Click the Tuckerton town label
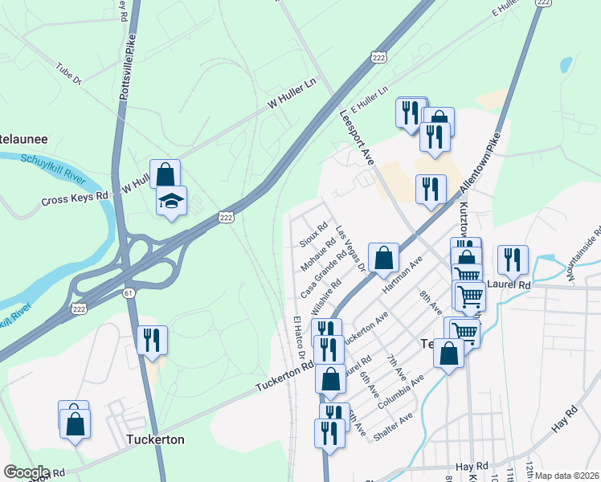(155, 440)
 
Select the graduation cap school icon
(171, 201)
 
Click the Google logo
(27, 472)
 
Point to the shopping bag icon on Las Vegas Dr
(384, 259)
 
